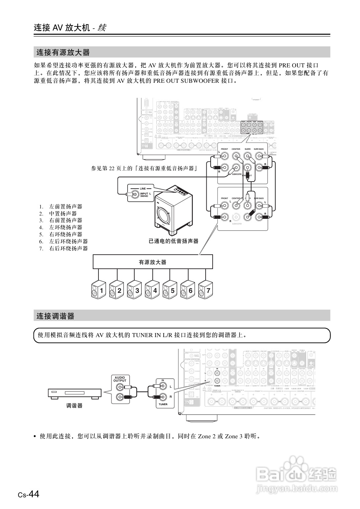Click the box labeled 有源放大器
[153, 262]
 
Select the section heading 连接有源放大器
[63, 52]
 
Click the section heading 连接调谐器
[56, 316]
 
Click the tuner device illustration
[75, 393]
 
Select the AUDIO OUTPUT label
[120, 379]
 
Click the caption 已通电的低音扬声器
[173, 241]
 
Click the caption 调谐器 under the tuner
[74, 405]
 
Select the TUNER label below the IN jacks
[163, 404]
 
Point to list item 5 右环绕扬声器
[66, 234]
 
